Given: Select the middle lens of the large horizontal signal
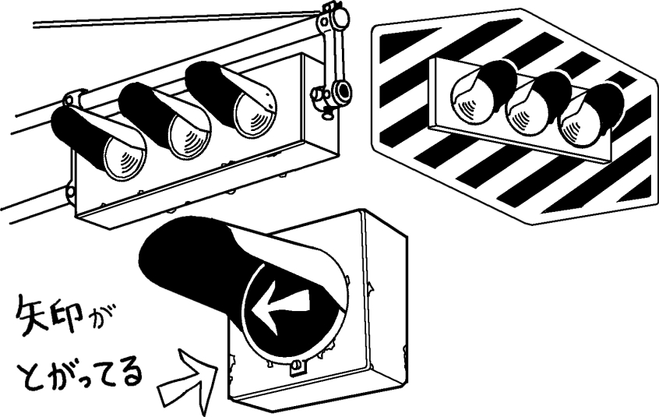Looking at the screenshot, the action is click(190, 136).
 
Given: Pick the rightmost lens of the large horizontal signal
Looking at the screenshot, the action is click(255, 115).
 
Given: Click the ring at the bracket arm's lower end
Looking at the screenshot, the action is click(341, 90).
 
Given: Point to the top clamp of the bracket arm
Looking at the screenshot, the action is click(337, 19).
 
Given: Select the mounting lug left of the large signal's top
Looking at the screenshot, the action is click(72, 97).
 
